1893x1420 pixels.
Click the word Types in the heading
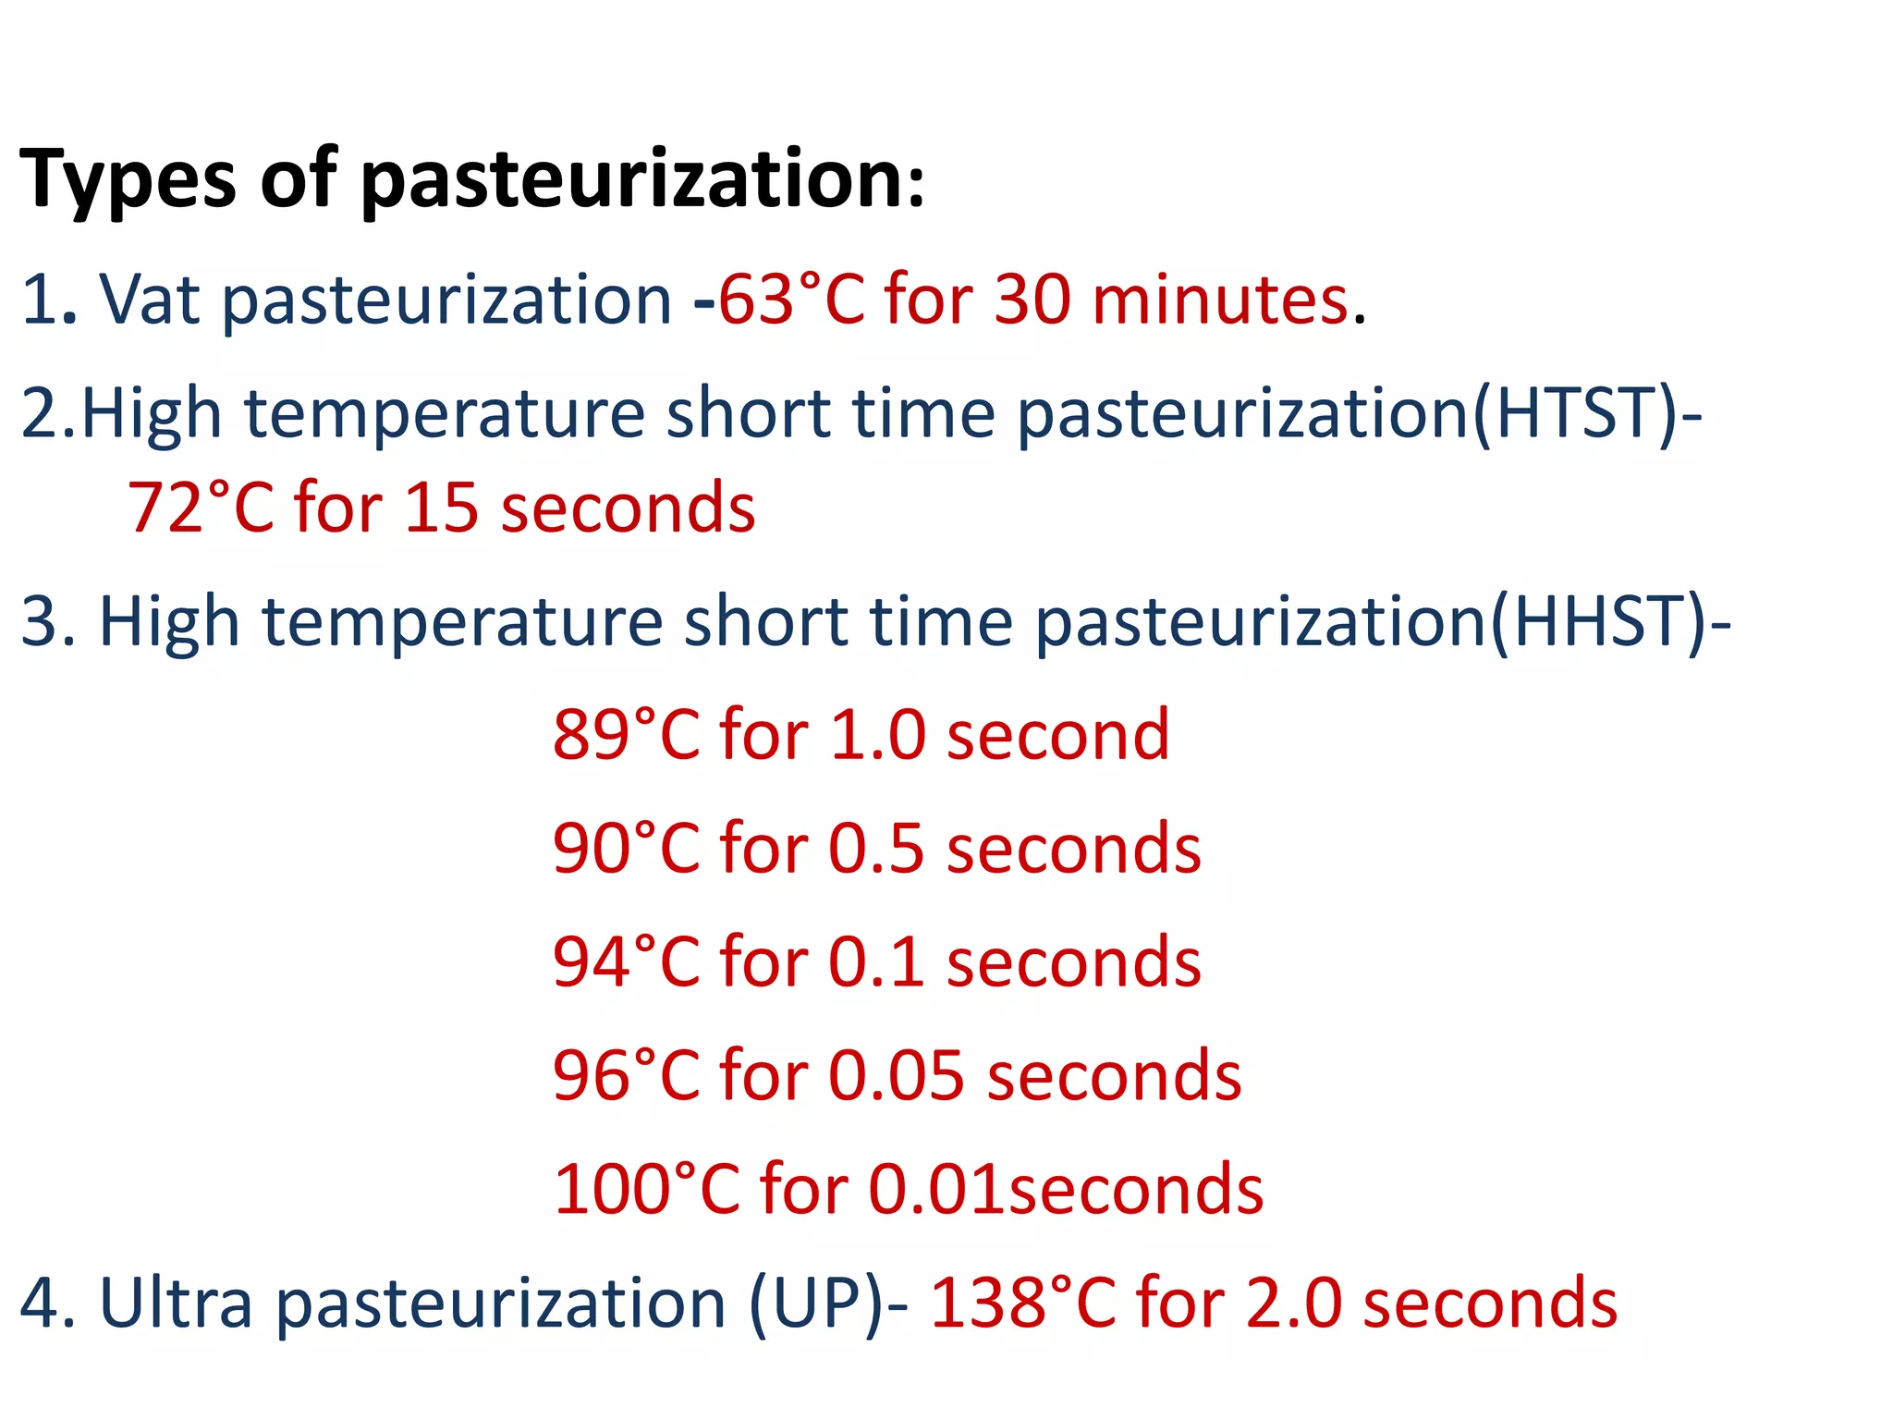128,180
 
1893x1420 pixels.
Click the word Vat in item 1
150,300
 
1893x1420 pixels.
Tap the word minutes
1220,300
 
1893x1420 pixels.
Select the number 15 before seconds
441,508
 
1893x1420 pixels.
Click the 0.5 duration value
876,849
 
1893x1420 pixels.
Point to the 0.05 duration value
897,1076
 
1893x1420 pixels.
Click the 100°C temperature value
647,1190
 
